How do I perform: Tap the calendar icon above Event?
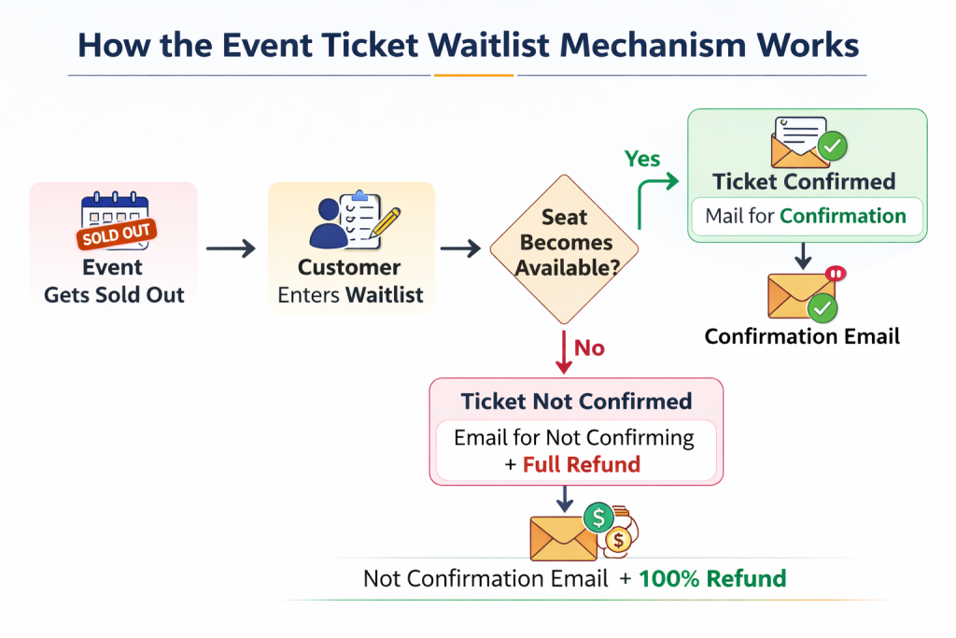point(116,221)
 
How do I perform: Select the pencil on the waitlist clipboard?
point(383,223)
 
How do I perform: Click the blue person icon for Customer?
point(328,228)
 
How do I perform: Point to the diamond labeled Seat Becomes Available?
point(565,245)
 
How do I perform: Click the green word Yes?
point(642,159)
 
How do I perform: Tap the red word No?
point(589,348)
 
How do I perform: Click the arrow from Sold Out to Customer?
point(231,248)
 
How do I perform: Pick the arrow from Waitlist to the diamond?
point(460,248)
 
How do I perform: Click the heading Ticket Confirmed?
point(804,181)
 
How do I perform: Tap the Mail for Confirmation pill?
point(806,217)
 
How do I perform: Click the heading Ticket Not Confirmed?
point(576,402)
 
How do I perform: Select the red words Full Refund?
point(581,464)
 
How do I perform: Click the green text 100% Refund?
point(712,578)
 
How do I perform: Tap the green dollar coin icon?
point(597,517)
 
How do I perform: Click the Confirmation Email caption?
point(802,336)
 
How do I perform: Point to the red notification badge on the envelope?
point(836,274)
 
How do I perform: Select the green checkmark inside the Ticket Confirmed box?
point(831,146)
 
